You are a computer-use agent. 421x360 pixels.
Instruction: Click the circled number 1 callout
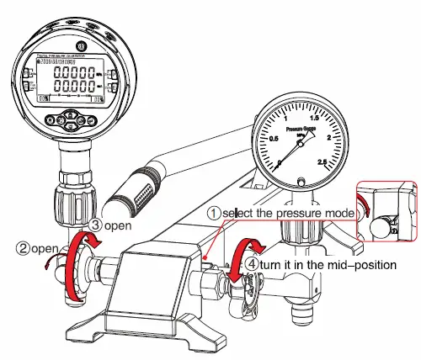[x=215, y=214]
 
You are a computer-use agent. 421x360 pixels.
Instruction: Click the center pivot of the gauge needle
[x=301, y=140]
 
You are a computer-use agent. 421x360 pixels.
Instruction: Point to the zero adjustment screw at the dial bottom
[x=301, y=178]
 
